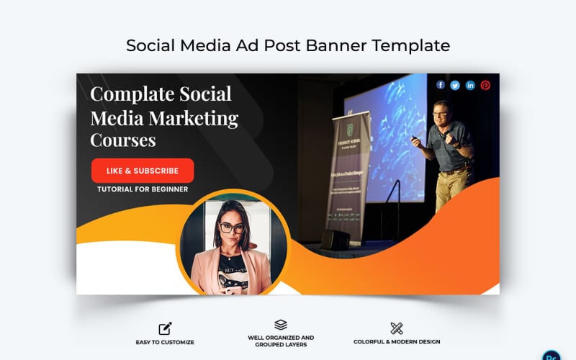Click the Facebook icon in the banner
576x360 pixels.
(x=441, y=85)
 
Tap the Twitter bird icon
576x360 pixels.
(x=455, y=85)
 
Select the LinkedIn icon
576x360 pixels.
(x=470, y=85)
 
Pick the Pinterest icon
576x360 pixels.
(x=485, y=85)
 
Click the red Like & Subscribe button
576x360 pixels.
(x=143, y=171)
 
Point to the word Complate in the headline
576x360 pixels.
(x=132, y=94)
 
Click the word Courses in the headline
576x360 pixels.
(x=123, y=139)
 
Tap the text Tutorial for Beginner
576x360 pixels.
(x=143, y=189)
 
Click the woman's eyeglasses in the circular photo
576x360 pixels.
(x=231, y=228)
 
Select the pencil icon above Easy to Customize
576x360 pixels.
(x=165, y=328)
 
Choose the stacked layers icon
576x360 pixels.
(x=281, y=325)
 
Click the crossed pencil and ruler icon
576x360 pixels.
(x=397, y=328)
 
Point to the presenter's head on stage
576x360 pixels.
(x=440, y=110)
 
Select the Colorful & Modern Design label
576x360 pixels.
(x=397, y=342)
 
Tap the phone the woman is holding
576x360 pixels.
(x=233, y=282)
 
